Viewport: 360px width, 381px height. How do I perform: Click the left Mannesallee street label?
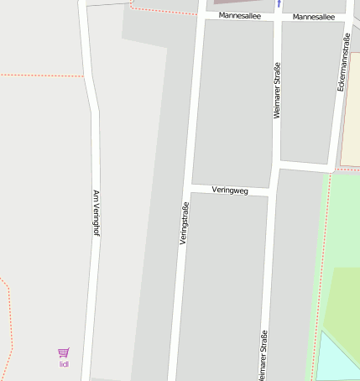tap(239, 16)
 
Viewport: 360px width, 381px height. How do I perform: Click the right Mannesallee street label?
tap(313, 17)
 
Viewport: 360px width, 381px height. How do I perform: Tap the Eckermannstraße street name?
tap(342, 63)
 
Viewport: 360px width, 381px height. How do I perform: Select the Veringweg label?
tap(230, 190)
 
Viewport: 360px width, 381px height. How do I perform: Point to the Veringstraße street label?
tap(184, 223)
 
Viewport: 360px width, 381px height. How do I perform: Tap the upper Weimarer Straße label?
tap(276, 90)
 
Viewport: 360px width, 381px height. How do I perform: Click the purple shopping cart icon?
tap(64, 353)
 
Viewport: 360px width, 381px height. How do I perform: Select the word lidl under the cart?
tap(64, 364)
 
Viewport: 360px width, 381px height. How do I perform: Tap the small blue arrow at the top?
tap(279, 3)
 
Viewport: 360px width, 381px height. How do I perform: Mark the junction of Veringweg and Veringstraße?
tap(190, 186)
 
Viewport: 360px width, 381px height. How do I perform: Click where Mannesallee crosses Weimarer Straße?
tap(278, 16)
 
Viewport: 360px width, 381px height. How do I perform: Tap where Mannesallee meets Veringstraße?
tap(201, 14)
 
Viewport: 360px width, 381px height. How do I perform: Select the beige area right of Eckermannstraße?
tap(352, 109)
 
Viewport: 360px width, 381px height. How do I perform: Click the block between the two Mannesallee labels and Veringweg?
tap(234, 101)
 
